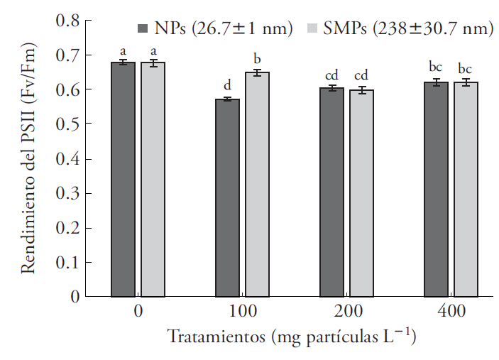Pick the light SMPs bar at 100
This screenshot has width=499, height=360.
(x=257, y=184)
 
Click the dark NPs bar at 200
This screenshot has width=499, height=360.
(x=331, y=192)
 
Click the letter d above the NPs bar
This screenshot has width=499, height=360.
(x=227, y=86)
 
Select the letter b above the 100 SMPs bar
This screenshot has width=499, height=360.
(x=257, y=58)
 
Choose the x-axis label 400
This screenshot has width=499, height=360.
(x=451, y=312)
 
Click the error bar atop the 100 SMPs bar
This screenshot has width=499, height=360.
(x=257, y=72)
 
